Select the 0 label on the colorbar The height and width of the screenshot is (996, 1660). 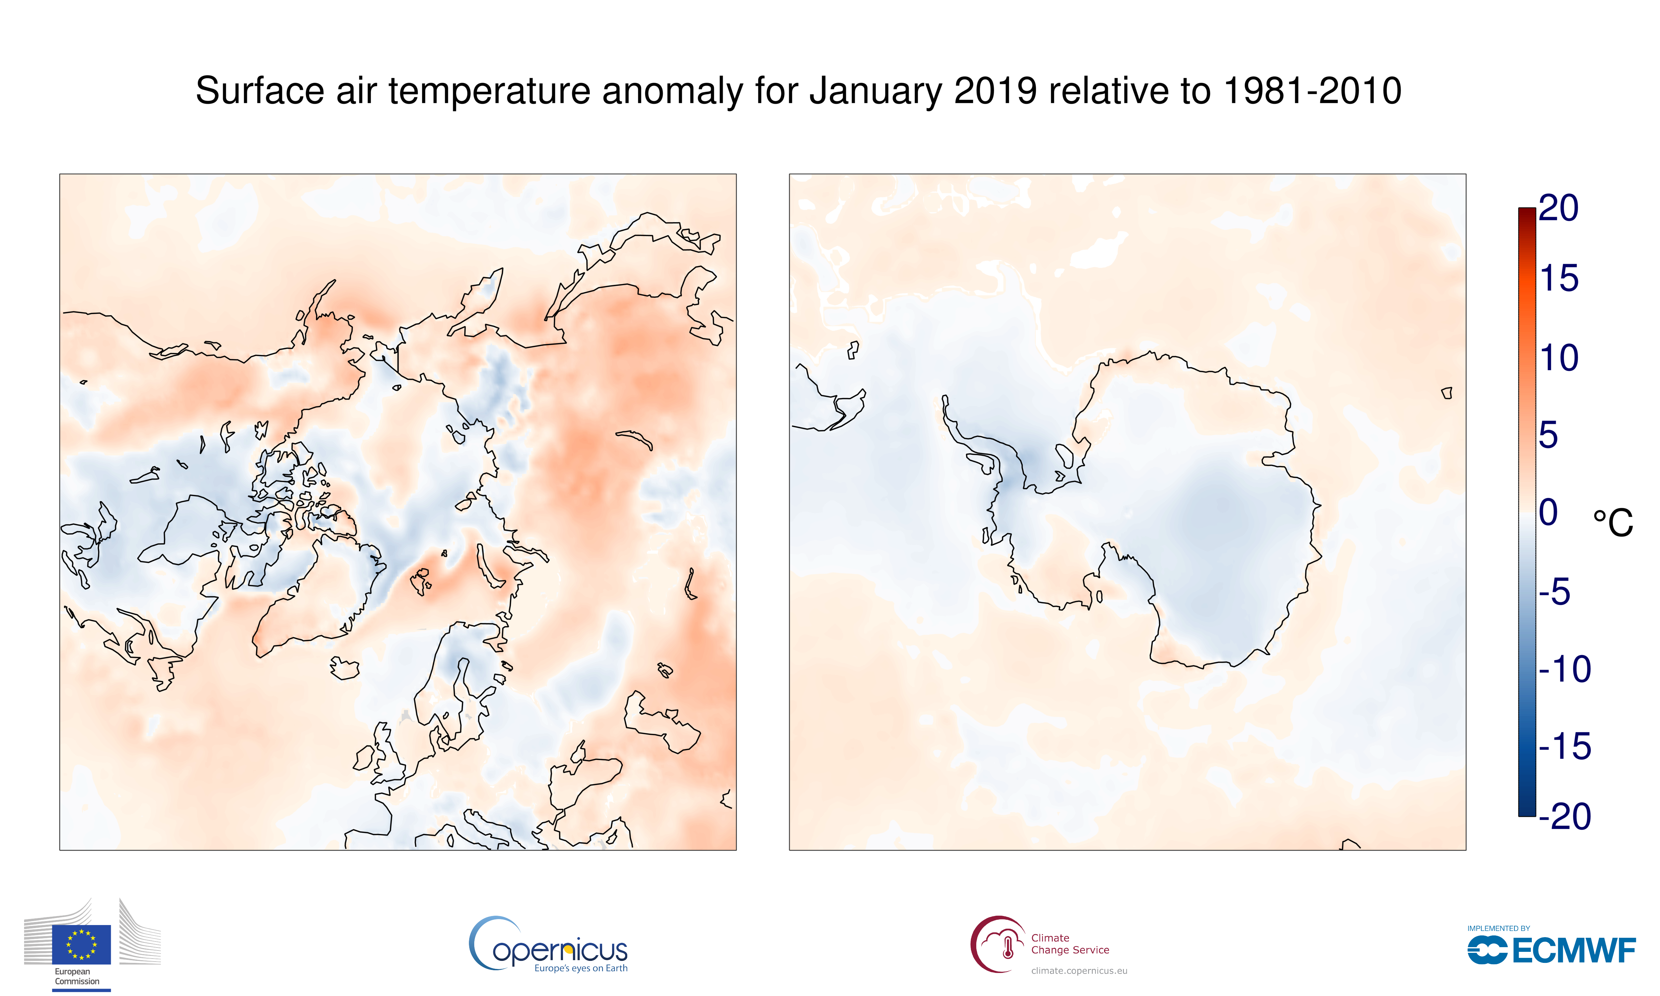[x=1548, y=513]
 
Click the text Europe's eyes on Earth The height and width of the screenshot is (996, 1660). [x=581, y=969]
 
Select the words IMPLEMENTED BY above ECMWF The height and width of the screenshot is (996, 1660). [x=1498, y=928]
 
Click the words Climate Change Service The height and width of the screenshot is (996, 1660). [x=1070, y=944]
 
